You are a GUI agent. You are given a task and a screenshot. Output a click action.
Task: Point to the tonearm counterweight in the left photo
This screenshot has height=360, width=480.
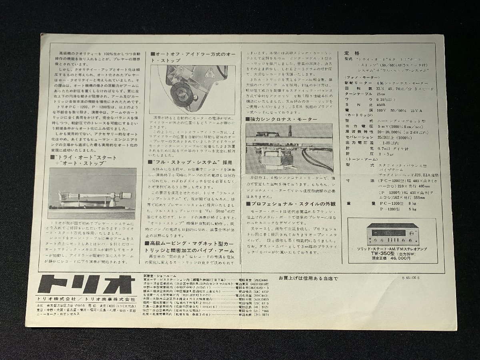[120, 197]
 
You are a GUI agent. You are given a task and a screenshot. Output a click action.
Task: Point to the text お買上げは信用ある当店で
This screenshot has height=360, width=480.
[308, 277]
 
